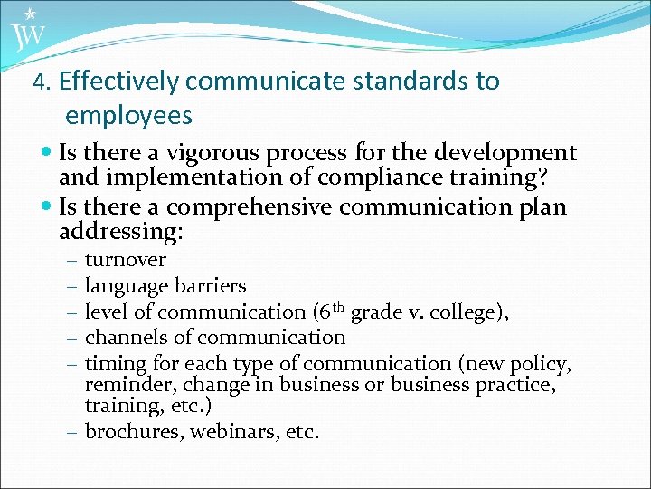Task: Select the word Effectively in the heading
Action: (x=120, y=81)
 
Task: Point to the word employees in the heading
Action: (x=128, y=116)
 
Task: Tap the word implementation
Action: (x=189, y=177)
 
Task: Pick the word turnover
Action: (x=125, y=261)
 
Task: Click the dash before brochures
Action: (x=72, y=433)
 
